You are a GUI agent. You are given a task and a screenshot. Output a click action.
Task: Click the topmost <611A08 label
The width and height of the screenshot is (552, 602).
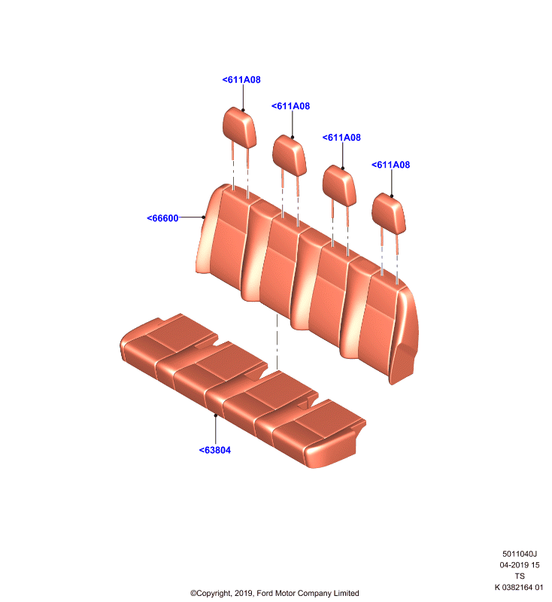[x=241, y=80]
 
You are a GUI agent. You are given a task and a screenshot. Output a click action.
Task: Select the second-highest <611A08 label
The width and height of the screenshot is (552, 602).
[x=290, y=106]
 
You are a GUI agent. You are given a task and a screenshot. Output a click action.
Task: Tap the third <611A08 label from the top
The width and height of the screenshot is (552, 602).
[x=341, y=138]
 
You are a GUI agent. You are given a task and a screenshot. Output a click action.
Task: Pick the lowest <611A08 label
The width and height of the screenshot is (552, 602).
[x=390, y=165]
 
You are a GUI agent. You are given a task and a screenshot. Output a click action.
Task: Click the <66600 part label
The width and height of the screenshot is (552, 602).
[x=162, y=218]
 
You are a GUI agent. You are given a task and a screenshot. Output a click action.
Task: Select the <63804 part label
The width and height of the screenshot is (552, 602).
[x=215, y=450]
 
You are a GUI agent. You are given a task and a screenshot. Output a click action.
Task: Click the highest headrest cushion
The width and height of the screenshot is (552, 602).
[x=239, y=127]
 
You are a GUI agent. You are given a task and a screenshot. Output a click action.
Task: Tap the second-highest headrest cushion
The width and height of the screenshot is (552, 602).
[x=290, y=156]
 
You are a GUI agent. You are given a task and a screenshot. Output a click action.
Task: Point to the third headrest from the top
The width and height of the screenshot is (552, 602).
[x=339, y=185]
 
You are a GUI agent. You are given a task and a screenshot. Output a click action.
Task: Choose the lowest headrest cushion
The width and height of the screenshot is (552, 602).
[x=389, y=214]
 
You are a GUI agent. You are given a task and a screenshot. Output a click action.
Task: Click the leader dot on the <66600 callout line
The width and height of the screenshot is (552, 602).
[x=204, y=217]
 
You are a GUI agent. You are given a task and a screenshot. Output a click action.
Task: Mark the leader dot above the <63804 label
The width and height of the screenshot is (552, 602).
[x=216, y=415]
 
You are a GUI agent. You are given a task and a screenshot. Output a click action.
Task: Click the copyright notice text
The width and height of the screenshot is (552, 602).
[x=274, y=593]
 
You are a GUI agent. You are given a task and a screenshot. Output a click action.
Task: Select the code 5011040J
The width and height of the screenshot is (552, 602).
[x=520, y=554]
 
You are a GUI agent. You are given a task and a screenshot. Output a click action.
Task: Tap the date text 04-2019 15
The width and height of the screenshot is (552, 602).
[x=520, y=565]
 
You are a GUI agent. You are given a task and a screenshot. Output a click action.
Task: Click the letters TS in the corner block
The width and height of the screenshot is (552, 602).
[x=520, y=576]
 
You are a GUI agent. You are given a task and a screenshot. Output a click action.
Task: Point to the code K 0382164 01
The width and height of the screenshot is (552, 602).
[x=519, y=588]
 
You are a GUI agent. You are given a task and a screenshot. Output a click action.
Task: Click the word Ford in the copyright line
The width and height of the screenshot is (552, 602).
[x=265, y=593]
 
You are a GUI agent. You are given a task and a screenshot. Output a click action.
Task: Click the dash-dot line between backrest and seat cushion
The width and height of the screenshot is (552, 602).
[x=277, y=342]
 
